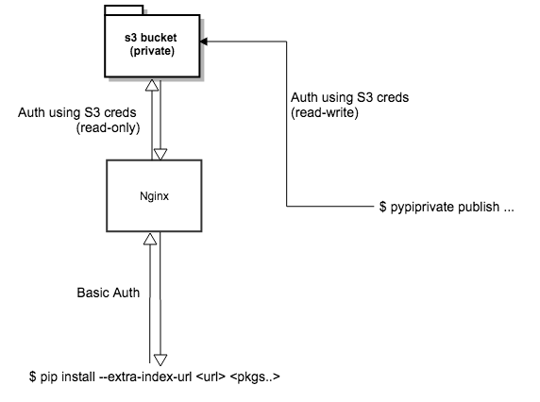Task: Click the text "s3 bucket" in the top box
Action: (x=152, y=38)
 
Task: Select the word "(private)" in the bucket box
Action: (x=152, y=51)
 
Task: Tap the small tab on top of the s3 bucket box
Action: (x=124, y=10)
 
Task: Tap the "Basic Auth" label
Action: (x=108, y=293)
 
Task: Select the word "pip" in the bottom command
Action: (x=46, y=378)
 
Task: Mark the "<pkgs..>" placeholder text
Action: (x=258, y=378)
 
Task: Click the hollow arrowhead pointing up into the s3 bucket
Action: (x=147, y=86)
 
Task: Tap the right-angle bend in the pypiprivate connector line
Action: (x=285, y=206)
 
